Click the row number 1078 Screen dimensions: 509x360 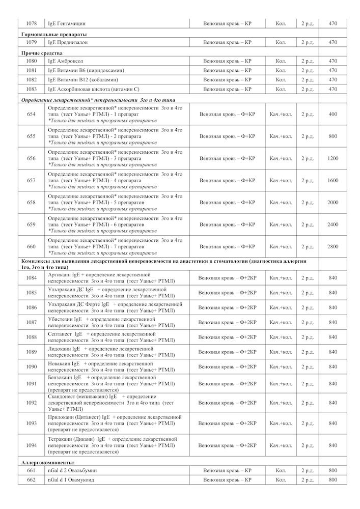[x=31, y=24]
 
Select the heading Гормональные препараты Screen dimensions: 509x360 [x=45, y=34]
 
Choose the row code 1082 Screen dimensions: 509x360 [x=31, y=80]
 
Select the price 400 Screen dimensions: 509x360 [x=333, y=114]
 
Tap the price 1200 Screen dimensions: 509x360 [x=333, y=158]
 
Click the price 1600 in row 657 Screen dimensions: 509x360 [x=333, y=180]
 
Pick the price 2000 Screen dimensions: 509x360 [x=333, y=203]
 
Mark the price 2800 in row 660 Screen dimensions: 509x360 [x=333, y=246]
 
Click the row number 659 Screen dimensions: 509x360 [x=31, y=224]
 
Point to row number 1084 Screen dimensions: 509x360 [x=31, y=277]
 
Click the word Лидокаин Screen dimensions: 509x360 [x=60, y=348]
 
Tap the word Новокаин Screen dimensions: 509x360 [x=60, y=363]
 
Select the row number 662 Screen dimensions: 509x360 [x=31, y=480]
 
